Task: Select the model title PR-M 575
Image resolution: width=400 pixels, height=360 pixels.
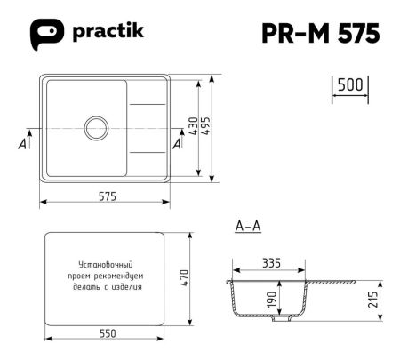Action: coord(322,33)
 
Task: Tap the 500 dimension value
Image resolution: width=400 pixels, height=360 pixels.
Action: coord(349,85)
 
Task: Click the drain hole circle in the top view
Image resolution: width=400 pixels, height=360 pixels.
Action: coord(96,127)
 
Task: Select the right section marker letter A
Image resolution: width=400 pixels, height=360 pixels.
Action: coord(179,145)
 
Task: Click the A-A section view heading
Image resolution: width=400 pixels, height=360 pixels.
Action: coord(247,227)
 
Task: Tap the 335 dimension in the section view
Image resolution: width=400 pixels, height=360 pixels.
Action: coord(271,263)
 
